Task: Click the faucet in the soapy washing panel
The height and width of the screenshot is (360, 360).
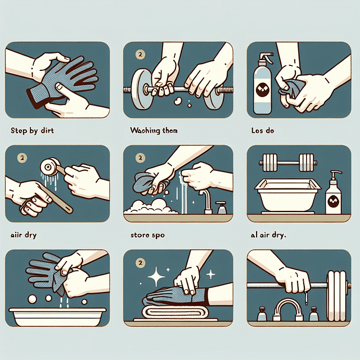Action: click(207, 199)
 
